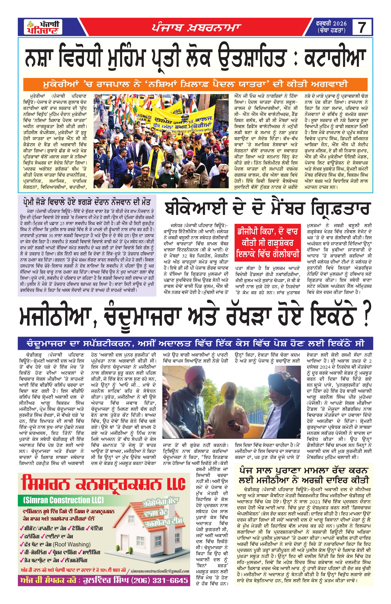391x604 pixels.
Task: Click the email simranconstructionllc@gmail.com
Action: (x=160, y=571)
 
